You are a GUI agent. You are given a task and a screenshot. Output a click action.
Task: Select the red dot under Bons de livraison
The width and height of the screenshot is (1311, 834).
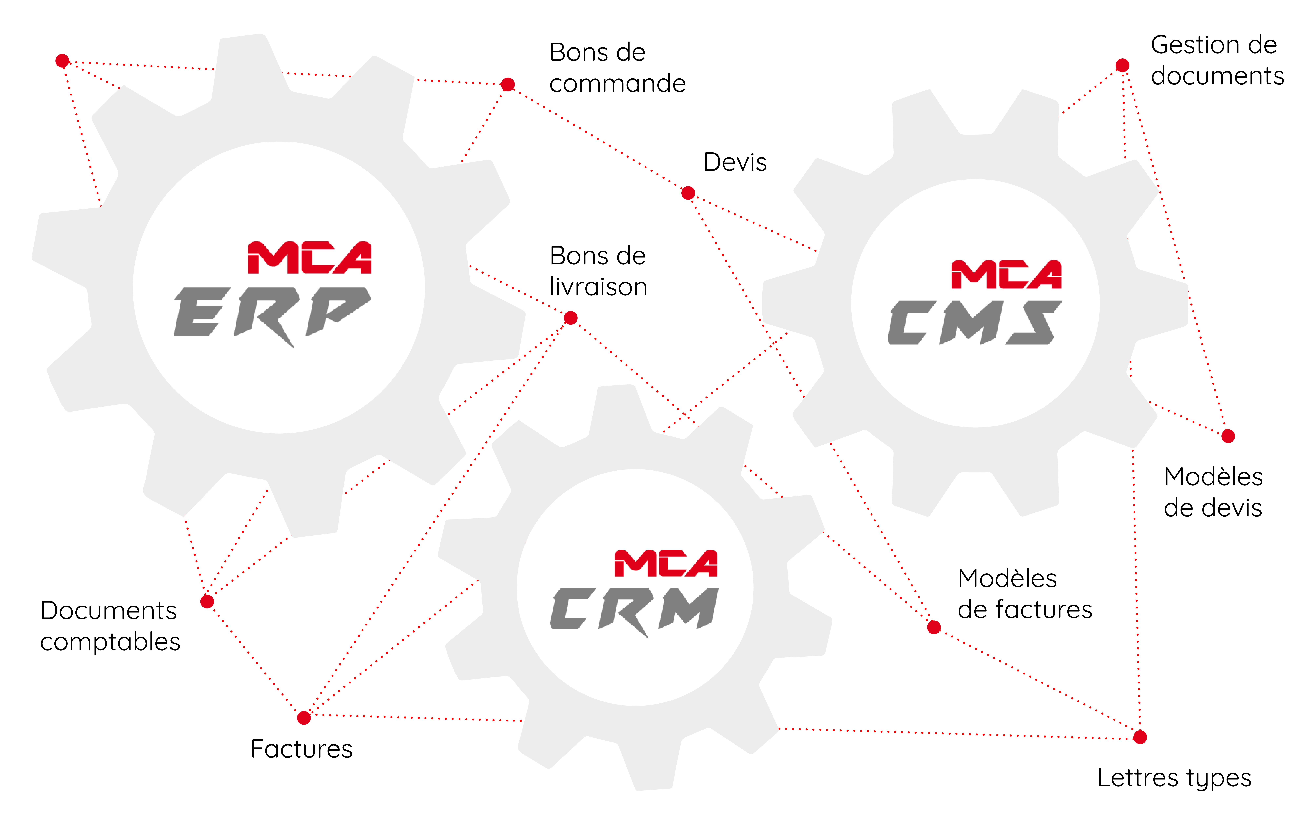571,318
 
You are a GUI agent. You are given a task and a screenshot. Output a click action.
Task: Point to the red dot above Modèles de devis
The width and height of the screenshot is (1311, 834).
1228,436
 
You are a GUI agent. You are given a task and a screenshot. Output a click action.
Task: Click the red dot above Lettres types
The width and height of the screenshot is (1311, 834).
1140,737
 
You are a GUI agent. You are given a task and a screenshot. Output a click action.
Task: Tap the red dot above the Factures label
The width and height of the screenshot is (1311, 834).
304,718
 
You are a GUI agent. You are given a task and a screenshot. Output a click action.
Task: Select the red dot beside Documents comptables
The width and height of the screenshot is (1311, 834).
207,602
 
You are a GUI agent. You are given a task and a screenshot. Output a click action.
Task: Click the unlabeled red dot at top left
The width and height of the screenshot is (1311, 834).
63,60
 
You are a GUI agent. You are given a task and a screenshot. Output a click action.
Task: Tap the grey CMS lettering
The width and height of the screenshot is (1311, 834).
975,323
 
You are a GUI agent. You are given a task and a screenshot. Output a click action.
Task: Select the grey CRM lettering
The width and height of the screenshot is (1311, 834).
634,609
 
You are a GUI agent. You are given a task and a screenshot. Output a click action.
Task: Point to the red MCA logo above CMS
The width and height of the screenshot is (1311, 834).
1006,275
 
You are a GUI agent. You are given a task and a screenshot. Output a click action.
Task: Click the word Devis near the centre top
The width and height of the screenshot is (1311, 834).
735,162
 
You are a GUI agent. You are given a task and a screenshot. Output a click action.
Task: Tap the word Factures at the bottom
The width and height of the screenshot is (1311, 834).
302,749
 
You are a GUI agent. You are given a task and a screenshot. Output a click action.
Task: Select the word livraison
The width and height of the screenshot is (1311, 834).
598,287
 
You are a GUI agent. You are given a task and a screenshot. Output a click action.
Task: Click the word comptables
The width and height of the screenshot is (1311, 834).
110,642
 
